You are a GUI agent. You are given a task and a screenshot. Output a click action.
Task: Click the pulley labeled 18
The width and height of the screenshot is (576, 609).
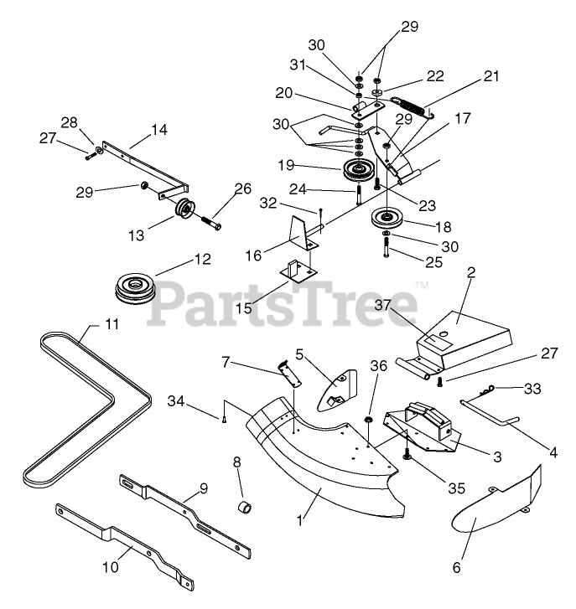[x=387, y=220]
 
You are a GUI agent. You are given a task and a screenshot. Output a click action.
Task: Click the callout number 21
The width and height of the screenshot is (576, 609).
[x=491, y=76]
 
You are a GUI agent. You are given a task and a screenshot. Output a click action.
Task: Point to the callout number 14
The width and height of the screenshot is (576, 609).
[x=158, y=130]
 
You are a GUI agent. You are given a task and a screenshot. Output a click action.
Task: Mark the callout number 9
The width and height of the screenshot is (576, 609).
[x=203, y=488]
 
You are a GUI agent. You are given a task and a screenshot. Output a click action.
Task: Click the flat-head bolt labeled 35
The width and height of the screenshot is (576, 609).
[x=405, y=453]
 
